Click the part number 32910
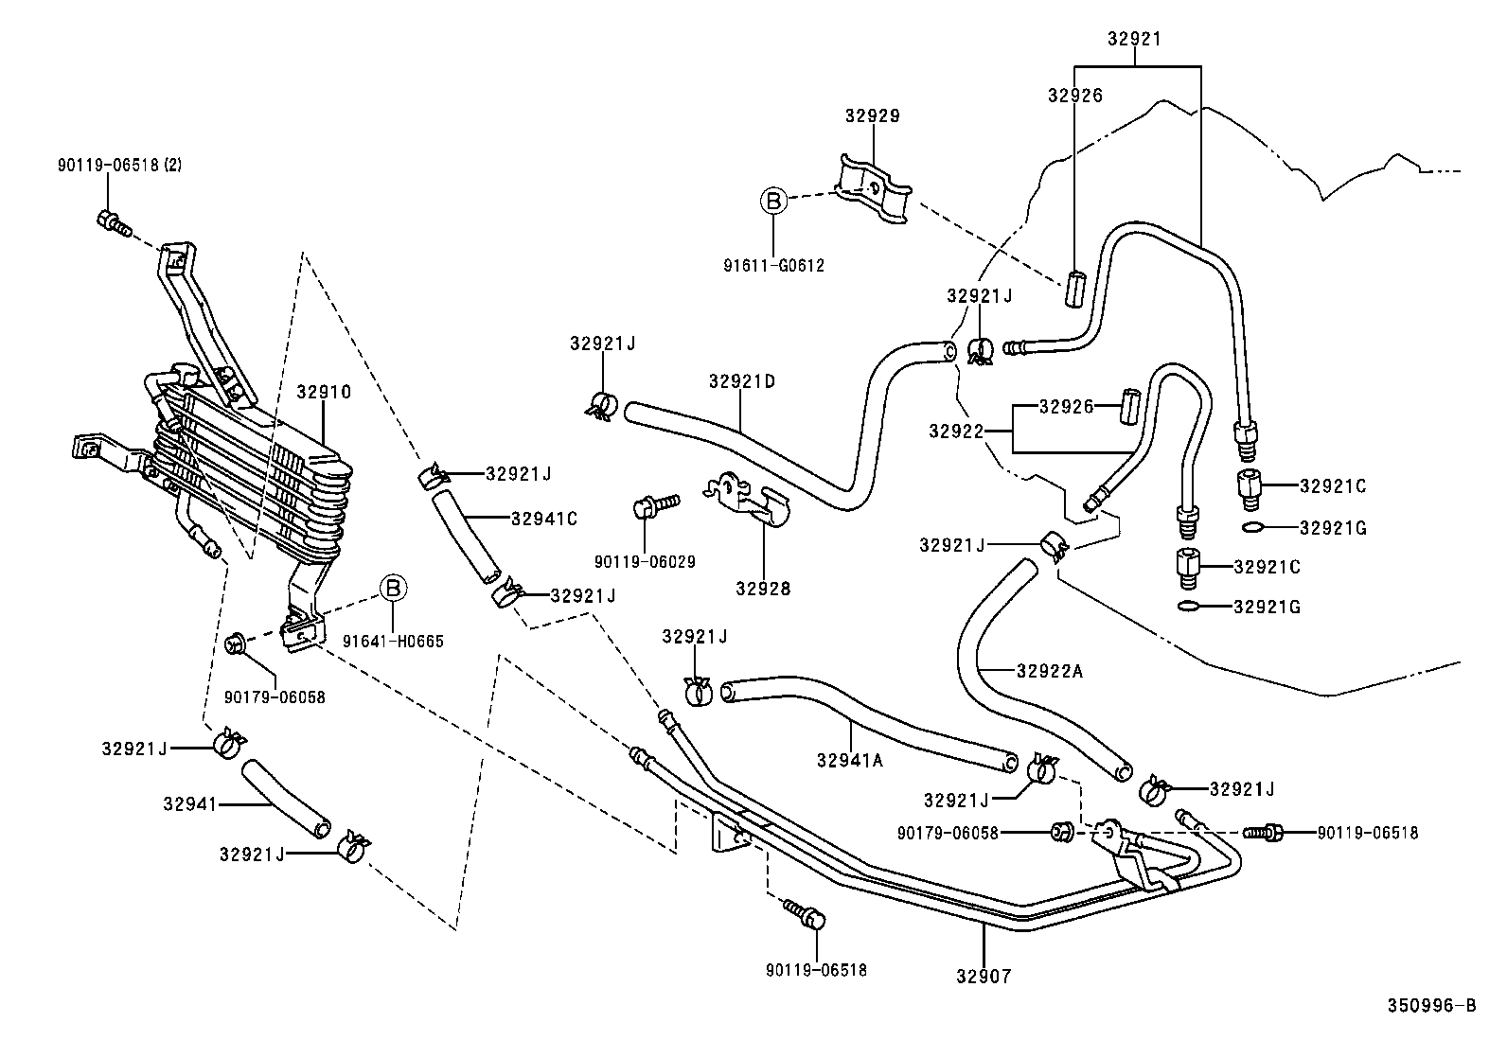point(323,392)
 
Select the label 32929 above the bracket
point(872,116)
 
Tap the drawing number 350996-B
point(1431,1006)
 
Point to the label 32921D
point(741,381)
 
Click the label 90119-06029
point(645,562)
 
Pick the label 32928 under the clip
point(763,589)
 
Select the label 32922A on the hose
point(1049,671)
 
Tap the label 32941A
point(849,759)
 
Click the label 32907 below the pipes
point(983,976)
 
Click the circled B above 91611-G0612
point(773,201)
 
